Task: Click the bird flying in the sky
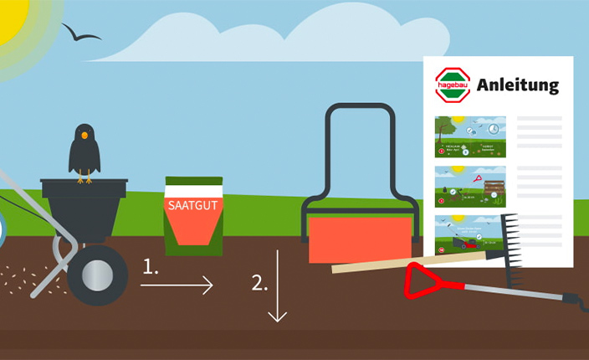[x=81, y=33]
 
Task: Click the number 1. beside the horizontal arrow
[x=151, y=267]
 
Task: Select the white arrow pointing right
[x=177, y=286]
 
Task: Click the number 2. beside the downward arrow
[x=260, y=281]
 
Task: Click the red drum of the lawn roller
[x=361, y=238]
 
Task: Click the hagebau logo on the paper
[x=453, y=85]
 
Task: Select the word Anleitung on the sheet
[x=518, y=85]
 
